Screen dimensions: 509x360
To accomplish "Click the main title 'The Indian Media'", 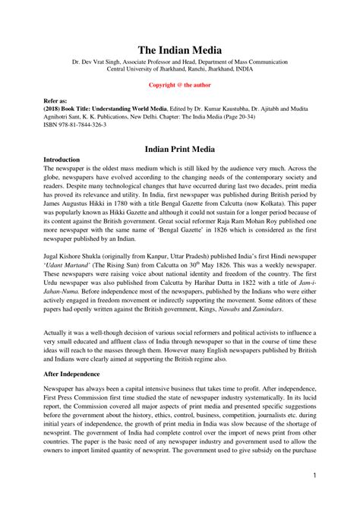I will pos(180,49).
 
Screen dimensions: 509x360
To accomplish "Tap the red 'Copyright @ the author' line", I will pos(180,85).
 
